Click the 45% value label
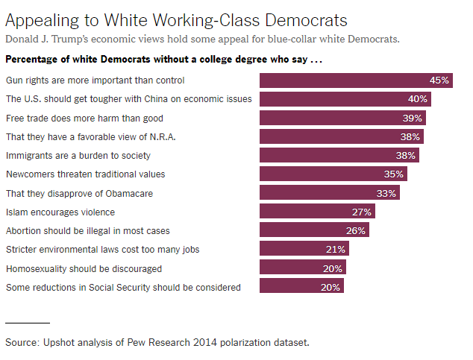point(439,80)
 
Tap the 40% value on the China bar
point(417,99)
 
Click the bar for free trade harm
point(334,118)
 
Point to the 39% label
point(413,118)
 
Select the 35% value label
point(395,174)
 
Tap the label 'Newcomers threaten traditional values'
point(85,174)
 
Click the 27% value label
point(361,212)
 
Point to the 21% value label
point(336,249)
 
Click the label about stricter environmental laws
point(102,249)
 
